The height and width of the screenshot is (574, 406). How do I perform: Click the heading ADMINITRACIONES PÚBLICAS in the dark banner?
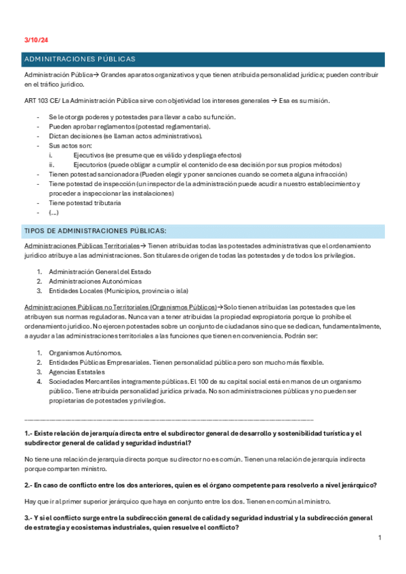click(79, 60)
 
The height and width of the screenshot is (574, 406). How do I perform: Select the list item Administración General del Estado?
click(100, 271)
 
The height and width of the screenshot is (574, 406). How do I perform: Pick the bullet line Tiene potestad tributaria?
click(85, 202)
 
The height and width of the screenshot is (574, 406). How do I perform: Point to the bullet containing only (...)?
click(54, 212)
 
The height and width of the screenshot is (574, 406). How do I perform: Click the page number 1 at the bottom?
click(380, 537)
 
